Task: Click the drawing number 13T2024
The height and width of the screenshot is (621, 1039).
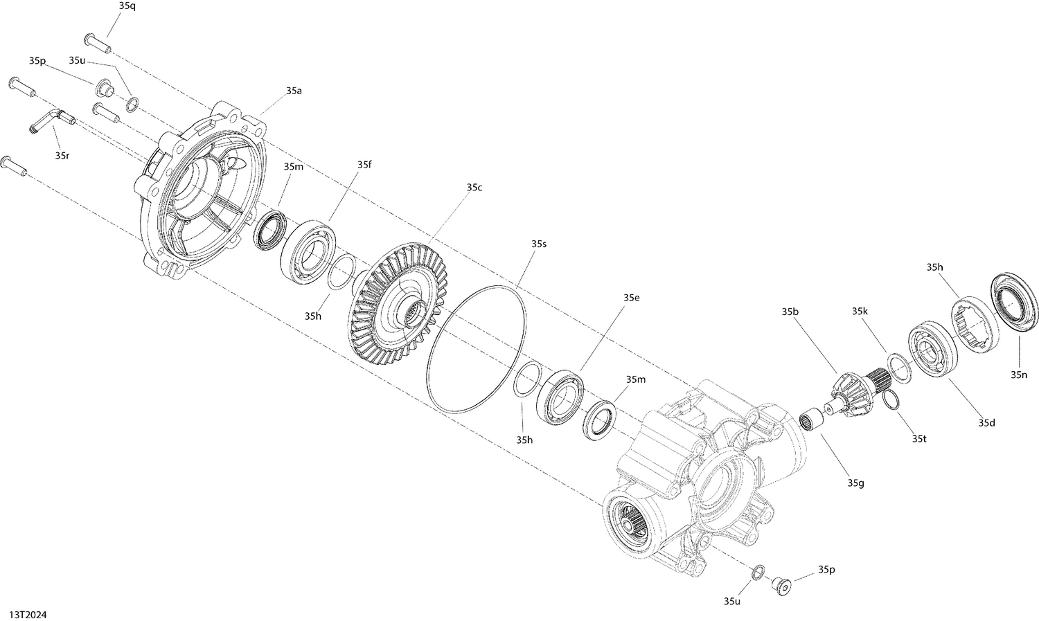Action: coord(28,614)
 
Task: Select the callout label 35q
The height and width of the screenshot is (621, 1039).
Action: coord(127,6)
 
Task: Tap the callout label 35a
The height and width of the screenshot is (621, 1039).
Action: coord(293,91)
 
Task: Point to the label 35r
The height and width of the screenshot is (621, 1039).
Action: coord(62,156)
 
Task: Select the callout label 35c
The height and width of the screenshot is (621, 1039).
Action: coord(474,187)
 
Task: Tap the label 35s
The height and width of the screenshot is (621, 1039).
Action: coord(539,244)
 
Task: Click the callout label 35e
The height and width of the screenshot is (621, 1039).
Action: coord(631,297)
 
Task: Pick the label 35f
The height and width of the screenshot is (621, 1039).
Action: coord(364,165)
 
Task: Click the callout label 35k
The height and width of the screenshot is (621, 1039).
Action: coord(860,312)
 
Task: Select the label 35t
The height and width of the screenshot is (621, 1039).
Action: coord(918,438)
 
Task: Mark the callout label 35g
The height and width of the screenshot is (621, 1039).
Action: coord(856,483)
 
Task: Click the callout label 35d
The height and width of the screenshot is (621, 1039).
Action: coord(986,422)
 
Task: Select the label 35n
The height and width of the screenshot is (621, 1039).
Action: coord(1018,375)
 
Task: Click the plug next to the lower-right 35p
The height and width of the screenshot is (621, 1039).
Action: coord(781,585)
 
